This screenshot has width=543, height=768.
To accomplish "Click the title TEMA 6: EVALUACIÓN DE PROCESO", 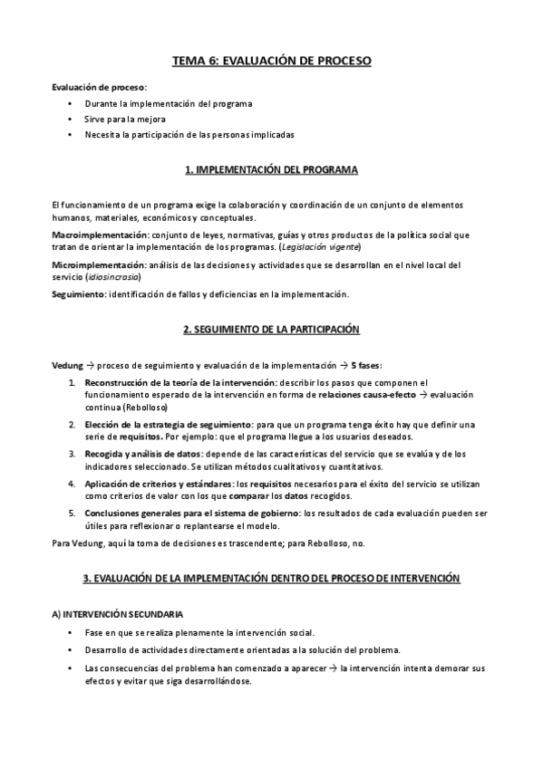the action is tap(272, 62).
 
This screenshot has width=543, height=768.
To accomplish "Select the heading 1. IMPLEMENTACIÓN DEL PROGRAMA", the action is tap(272, 170).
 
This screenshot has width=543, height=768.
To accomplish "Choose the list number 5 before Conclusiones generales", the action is tap(73, 514).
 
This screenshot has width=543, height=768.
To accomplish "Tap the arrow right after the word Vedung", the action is tap(89, 366).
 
